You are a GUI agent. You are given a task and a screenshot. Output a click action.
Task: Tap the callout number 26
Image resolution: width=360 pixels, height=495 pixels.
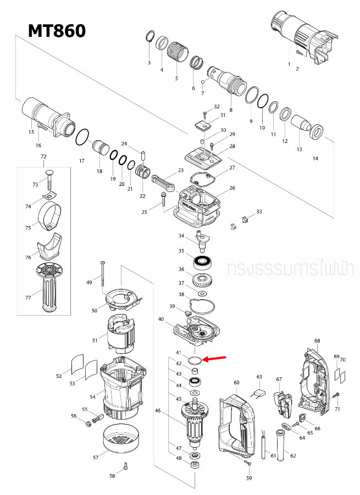[232, 188]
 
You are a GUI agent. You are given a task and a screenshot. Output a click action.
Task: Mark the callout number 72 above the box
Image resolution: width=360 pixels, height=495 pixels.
[44, 157]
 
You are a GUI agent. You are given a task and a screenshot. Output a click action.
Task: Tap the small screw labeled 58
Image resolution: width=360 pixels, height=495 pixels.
[126, 466]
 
